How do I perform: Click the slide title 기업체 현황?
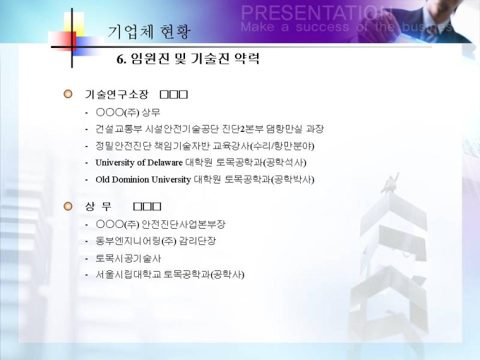pyautogui.click(x=149, y=32)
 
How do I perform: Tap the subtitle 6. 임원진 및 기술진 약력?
pyautogui.click(x=188, y=58)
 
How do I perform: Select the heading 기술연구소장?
pyautogui.click(x=116, y=95)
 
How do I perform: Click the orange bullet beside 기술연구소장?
pyautogui.click(x=68, y=94)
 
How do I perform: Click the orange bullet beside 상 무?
pyautogui.click(x=68, y=206)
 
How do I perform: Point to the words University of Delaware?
pyautogui.click(x=139, y=162)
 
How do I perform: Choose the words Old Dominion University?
pyautogui.click(x=143, y=179)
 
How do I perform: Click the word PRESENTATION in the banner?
pyautogui.click(x=316, y=13)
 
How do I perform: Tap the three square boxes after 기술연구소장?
pyautogui.click(x=174, y=95)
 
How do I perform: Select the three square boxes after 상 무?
pyautogui.click(x=148, y=207)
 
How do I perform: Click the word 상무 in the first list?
pyautogui.click(x=151, y=112)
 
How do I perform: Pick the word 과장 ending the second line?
pyautogui.click(x=315, y=129)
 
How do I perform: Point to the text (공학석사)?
pyautogui.click(x=284, y=162)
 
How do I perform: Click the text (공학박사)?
pyautogui.click(x=293, y=179)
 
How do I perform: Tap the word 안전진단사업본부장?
pyautogui.click(x=184, y=224)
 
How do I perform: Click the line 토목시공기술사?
pyautogui.click(x=128, y=258)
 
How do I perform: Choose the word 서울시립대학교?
pyautogui.click(x=128, y=275)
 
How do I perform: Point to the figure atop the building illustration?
pyautogui.click(x=390, y=183)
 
